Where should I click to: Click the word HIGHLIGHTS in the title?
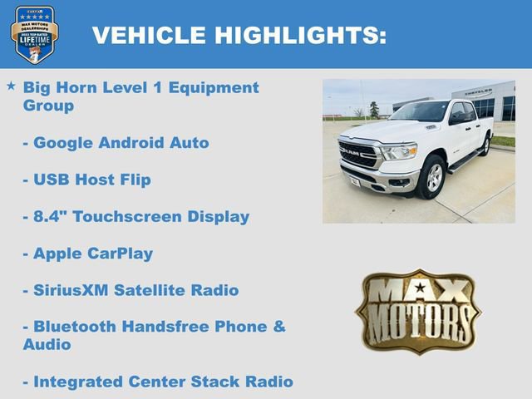point(300,35)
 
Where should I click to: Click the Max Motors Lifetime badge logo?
point(34,34)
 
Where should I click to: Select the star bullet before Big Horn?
point(11,86)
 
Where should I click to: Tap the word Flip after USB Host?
point(132,180)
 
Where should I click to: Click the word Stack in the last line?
point(219,382)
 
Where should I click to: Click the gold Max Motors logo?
point(418,311)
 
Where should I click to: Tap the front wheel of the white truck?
point(432,177)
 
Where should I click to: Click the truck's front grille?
point(359,154)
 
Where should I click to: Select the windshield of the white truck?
point(420,112)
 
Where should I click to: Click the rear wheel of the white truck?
point(485,145)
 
